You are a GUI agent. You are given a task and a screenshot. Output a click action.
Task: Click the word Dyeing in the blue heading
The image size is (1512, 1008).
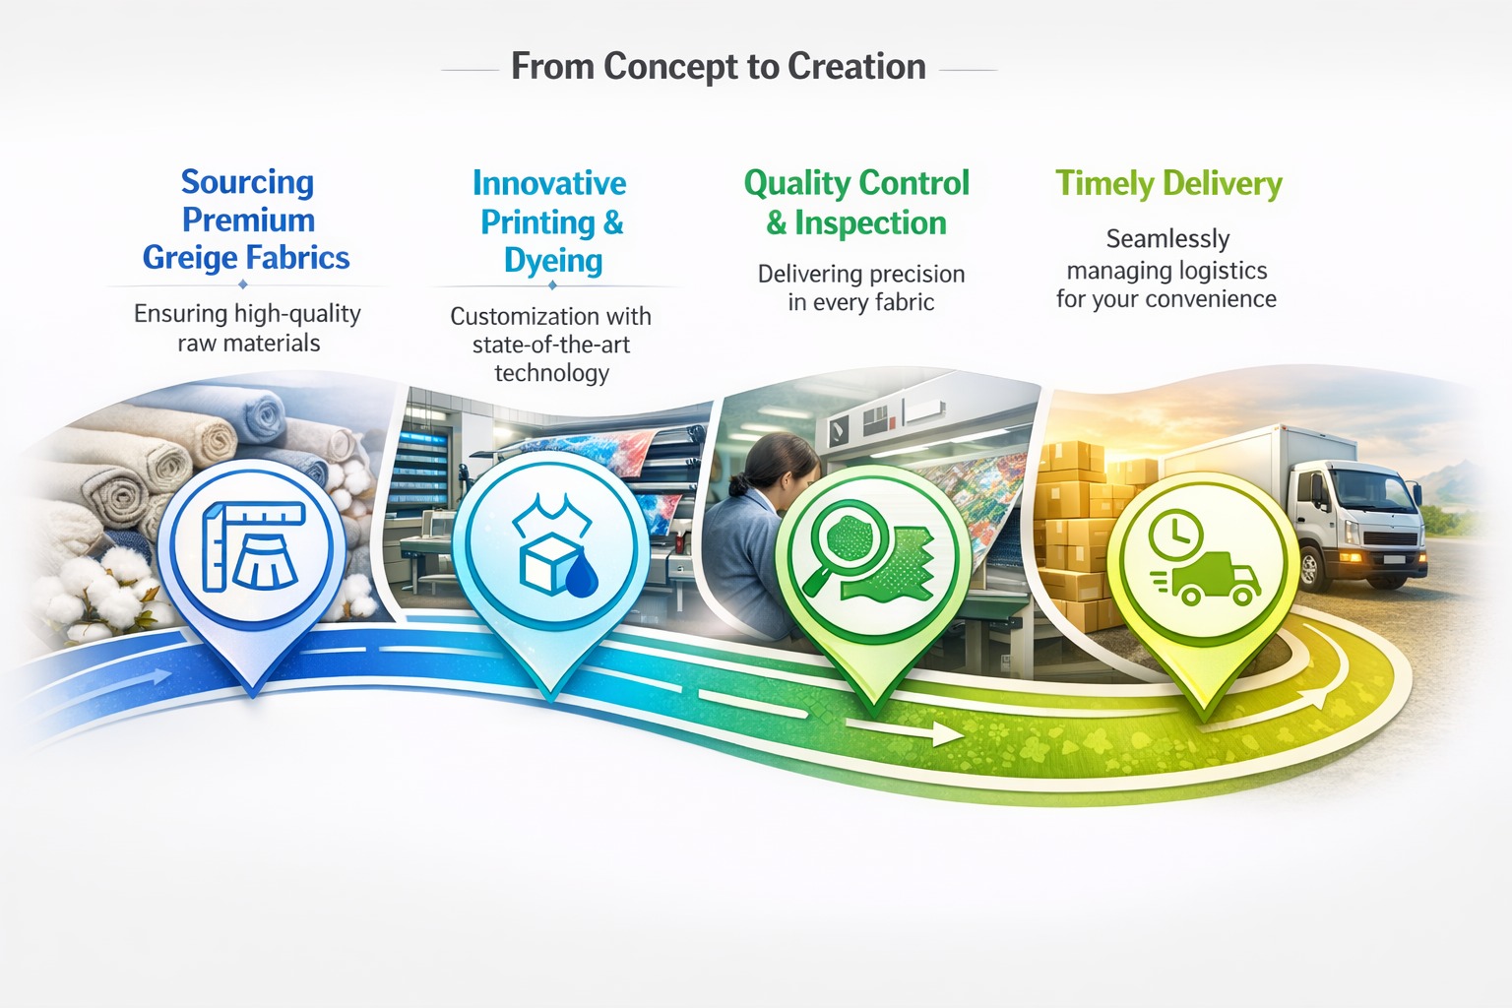tap(553, 261)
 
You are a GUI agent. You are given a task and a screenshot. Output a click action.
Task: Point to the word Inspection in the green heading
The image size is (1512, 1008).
tap(871, 222)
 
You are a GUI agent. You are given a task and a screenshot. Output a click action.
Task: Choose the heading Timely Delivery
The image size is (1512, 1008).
tap(1168, 184)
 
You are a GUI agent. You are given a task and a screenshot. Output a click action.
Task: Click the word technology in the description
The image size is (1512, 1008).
tap(551, 373)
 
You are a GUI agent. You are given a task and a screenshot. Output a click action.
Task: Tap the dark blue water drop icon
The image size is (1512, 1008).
tap(581, 577)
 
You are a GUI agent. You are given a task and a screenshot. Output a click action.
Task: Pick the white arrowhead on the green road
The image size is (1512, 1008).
tap(946, 734)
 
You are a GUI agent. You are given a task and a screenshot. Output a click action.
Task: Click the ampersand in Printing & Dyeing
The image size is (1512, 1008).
tap(613, 222)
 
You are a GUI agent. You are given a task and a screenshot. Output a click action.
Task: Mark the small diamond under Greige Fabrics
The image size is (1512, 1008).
tap(243, 284)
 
